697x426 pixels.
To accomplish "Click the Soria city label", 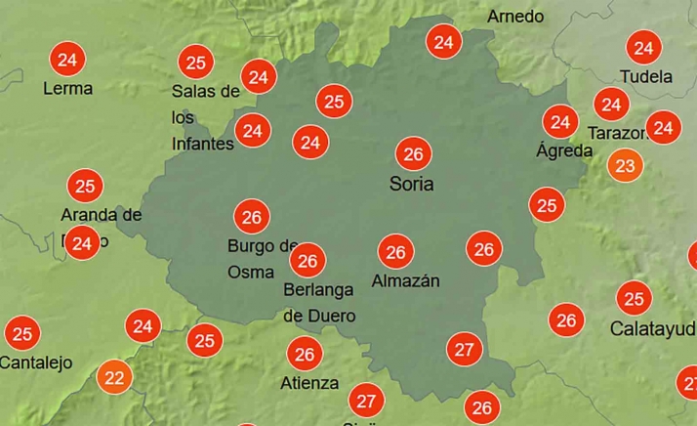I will click(411, 184).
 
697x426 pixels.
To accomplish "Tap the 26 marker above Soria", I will click(413, 153).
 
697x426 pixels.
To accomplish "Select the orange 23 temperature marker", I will click(625, 165).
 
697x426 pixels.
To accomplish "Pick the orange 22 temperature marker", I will click(115, 377).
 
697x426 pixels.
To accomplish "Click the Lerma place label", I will click(68, 89).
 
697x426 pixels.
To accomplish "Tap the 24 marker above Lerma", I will click(67, 60).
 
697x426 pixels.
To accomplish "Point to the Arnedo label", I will click(514, 17).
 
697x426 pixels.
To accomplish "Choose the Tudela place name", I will click(646, 76).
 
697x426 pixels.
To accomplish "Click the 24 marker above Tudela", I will click(643, 47).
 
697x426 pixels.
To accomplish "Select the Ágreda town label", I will click(564, 151).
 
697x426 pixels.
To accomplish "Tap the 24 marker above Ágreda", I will click(560, 122).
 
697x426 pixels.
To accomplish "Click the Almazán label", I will click(406, 281).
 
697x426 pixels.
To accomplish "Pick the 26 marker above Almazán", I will click(395, 252).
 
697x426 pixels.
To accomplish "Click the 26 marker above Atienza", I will click(305, 354).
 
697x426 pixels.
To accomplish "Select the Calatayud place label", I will click(652, 328).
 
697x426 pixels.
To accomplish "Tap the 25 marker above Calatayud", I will click(635, 298).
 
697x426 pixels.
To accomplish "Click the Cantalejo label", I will click(36, 362).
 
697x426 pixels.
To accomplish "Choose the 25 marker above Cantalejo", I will click(22, 333).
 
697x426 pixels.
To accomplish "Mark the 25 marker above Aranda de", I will click(85, 185).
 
